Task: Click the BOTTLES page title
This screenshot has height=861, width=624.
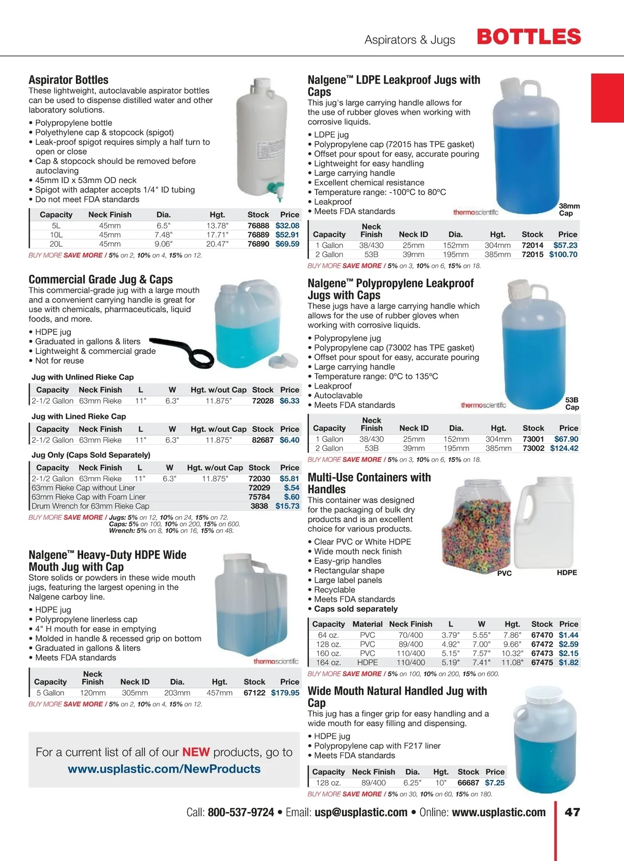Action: coord(528,37)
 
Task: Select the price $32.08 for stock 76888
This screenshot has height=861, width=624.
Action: coord(288,226)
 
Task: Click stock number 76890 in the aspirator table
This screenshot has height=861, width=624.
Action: coord(258,244)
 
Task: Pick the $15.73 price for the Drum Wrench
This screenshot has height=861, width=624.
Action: coord(288,506)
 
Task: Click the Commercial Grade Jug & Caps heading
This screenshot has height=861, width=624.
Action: coord(100,279)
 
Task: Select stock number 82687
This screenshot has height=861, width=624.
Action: coord(263,440)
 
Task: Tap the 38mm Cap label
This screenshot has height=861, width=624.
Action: coord(569,210)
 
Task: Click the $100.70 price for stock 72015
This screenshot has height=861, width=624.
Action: coord(563,255)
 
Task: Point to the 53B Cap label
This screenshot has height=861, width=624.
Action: coord(572,404)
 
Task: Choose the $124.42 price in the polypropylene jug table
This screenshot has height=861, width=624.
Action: coord(564,448)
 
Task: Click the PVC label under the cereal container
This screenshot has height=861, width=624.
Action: coord(504,573)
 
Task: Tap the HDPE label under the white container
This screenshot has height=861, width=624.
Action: coord(567,573)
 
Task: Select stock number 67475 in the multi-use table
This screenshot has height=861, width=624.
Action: coord(542,663)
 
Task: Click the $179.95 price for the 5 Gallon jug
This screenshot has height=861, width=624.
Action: coord(285,693)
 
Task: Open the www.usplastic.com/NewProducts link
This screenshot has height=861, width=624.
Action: coord(164,769)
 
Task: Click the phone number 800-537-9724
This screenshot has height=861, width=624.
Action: coord(241,813)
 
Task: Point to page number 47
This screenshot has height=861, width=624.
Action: coord(573,813)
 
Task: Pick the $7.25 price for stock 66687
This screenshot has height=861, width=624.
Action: coord(495,783)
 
